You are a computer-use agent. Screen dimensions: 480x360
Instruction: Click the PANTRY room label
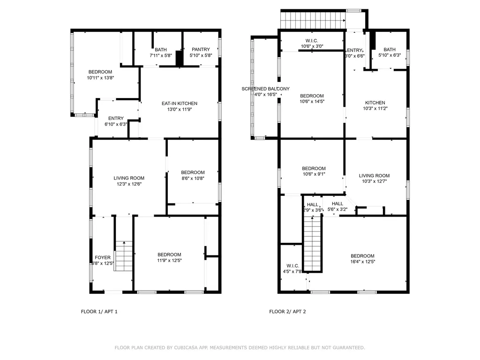(201, 49)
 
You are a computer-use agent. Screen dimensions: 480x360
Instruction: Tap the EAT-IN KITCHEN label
(180, 104)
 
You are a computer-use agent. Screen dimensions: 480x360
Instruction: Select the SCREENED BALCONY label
(265, 89)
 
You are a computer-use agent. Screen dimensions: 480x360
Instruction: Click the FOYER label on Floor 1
(103, 257)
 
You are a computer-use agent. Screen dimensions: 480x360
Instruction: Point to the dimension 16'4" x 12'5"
(363, 262)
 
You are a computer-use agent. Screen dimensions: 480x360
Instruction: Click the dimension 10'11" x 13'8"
(100, 78)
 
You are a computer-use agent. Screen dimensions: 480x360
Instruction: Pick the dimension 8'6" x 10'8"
(193, 178)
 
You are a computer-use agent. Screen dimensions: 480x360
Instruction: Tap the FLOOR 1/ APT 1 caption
(99, 312)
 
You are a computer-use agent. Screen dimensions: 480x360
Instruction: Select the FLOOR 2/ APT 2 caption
(287, 312)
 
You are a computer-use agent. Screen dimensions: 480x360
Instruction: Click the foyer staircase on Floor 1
(124, 256)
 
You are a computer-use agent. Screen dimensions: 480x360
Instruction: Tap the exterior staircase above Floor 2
(313, 20)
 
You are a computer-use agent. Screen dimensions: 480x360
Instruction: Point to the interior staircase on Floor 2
(313, 244)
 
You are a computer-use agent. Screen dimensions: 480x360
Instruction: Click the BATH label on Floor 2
(390, 50)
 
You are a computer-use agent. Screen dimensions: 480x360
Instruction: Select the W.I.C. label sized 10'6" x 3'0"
(312, 41)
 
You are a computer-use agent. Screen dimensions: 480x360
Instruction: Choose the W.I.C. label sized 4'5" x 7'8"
(292, 266)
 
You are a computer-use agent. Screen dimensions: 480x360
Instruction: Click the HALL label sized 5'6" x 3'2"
(337, 203)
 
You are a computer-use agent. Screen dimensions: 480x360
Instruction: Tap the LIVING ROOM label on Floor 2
(374, 176)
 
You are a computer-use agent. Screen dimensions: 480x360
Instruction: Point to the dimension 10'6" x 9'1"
(314, 174)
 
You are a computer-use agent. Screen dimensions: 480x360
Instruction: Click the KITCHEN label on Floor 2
(375, 103)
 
